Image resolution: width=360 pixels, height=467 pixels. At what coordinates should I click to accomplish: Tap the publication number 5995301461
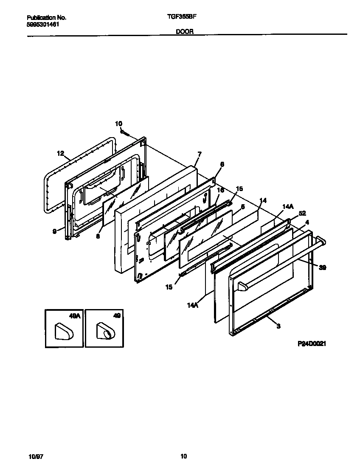tap(43, 25)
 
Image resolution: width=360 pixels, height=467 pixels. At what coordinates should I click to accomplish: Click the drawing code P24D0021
tap(311, 343)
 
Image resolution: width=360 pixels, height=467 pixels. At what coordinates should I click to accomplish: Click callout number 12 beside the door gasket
tap(60, 153)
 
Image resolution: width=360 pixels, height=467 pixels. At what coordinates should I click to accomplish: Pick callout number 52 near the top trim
tap(302, 213)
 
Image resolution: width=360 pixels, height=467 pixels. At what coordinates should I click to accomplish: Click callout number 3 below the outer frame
tap(278, 326)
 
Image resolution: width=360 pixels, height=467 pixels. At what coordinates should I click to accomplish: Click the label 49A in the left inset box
tap(74, 316)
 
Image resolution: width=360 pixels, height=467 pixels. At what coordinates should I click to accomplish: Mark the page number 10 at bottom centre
tap(183, 456)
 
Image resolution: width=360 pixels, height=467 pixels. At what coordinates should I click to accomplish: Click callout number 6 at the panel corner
tap(222, 164)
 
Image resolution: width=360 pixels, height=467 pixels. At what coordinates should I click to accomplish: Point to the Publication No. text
tap(46, 18)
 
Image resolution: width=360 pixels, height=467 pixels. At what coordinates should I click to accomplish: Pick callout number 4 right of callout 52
tap(307, 222)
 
